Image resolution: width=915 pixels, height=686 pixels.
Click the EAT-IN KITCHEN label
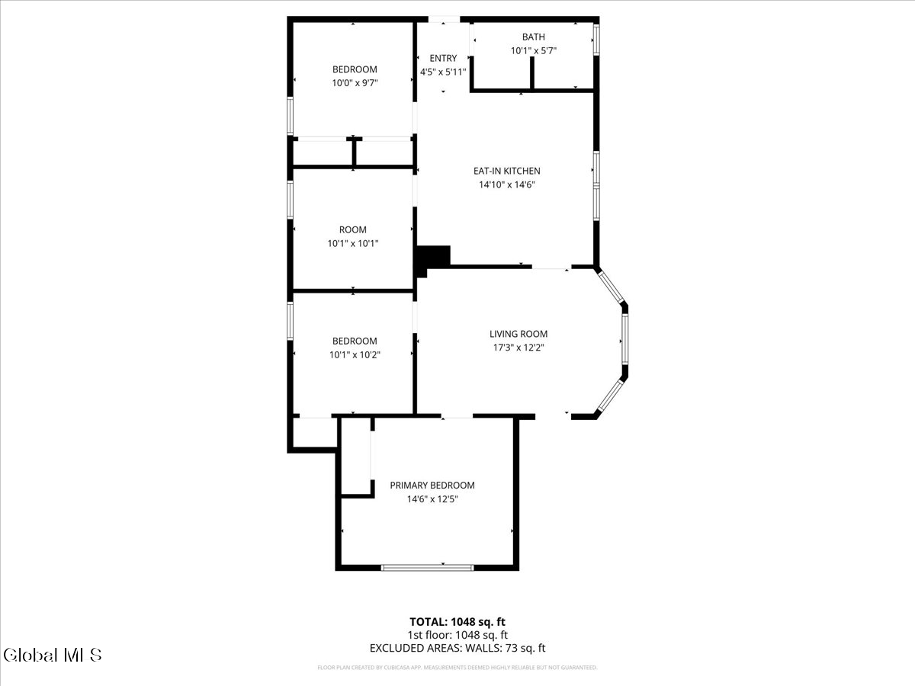pyautogui.click(x=506, y=171)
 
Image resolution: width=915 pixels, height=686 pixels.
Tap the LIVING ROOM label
pyautogui.click(x=518, y=334)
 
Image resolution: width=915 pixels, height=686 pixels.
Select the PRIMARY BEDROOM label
pyautogui.click(x=432, y=486)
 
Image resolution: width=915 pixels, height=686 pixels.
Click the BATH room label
pyautogui.click(x=533, y=37)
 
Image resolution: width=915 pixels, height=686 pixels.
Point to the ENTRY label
pyautogui.click(x=443, y=59)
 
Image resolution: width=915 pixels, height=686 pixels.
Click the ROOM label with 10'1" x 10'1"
pyautogui.click(x=352, y=229)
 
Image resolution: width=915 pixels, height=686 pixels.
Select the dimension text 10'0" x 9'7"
pyautogui.click(x=354, y=83)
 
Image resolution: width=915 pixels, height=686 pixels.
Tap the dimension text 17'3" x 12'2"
pyautogui.click(x=518, y=348)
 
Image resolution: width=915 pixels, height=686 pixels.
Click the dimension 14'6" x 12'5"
pyautogui.click(x=432, y=499)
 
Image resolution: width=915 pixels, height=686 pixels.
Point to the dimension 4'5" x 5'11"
pyautogui.click(x=443, y=72)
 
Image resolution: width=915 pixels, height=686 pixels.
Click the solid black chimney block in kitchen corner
pyautogui.click(x=433, y=257)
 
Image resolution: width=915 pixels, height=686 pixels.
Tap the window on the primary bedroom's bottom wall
pyautogui.click(x=427, y=567)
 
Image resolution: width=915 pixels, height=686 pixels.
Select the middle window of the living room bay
pyautogui.click(x=624, y=338)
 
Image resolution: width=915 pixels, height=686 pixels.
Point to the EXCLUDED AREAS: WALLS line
pyautogui.click(x=457, y=649)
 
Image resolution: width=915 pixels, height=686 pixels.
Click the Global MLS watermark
pyautogui.click(x=52, y=655)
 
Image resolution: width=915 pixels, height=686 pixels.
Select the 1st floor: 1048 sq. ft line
pyautogui.click(x=457, y=635)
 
